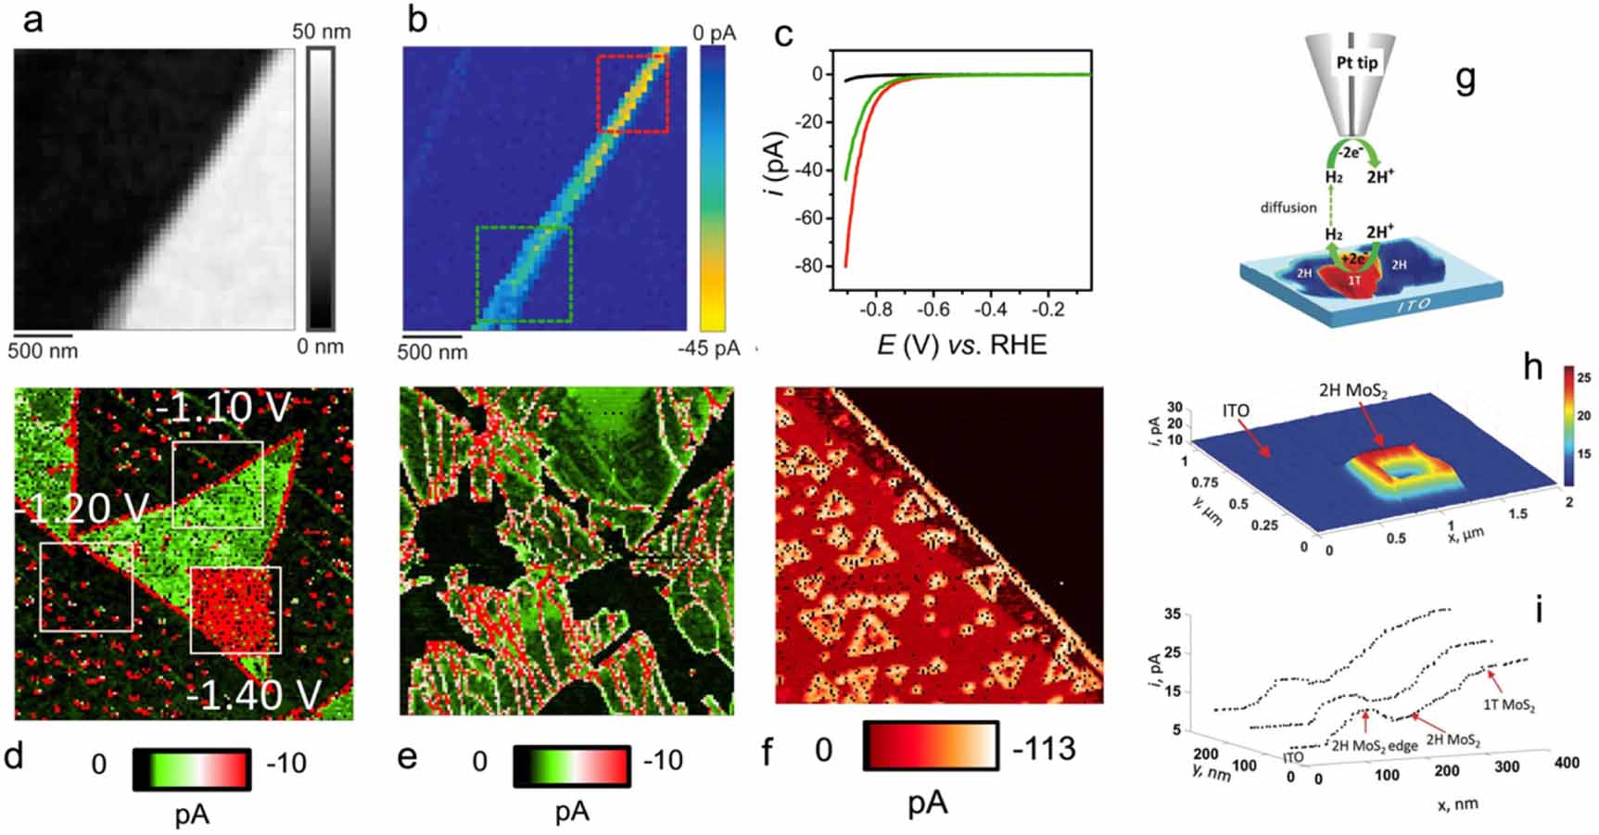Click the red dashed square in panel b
tap(632, 93)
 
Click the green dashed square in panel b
tap(523, 273)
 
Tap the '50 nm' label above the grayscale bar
tap(322, 32)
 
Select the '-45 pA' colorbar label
tap(709, 348)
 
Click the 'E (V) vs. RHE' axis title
tap(961, 346)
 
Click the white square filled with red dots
tap(235, 610)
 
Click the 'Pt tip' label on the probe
tap(1354, 64)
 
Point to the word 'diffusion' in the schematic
tap(1288, 208)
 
